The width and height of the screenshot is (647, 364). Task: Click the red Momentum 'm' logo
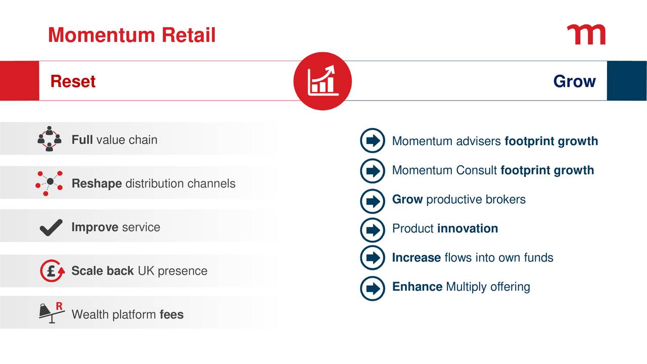pos(586,35)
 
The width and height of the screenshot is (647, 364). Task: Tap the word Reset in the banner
pos(73,81)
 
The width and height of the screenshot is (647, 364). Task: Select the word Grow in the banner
pos(575,81)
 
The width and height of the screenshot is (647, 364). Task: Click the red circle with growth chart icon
pos(322,81)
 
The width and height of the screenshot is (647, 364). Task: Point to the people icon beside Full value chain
pos(50,139)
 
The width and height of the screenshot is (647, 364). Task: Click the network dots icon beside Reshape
pos(49,183)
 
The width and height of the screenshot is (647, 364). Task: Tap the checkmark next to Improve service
pos(51,227)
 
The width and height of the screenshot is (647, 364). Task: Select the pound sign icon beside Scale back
pos(52,270)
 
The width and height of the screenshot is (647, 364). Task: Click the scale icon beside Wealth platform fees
pos(52,313)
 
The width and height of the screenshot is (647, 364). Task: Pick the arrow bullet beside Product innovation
pos(373,230)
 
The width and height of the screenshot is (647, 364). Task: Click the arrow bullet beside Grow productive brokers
pos(373,201)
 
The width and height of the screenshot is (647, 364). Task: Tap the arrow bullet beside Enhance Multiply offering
pos(373,288)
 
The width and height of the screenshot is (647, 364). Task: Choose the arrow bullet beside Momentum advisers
pos(373,141)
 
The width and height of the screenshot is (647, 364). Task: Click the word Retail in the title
pos(189,35)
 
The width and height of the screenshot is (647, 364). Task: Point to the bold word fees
pos(171,314)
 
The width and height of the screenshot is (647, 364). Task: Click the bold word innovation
pos(468,228)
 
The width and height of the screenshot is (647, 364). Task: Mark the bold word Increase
pos(417,257)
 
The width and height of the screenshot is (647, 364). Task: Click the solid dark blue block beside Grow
pos(627,81)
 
